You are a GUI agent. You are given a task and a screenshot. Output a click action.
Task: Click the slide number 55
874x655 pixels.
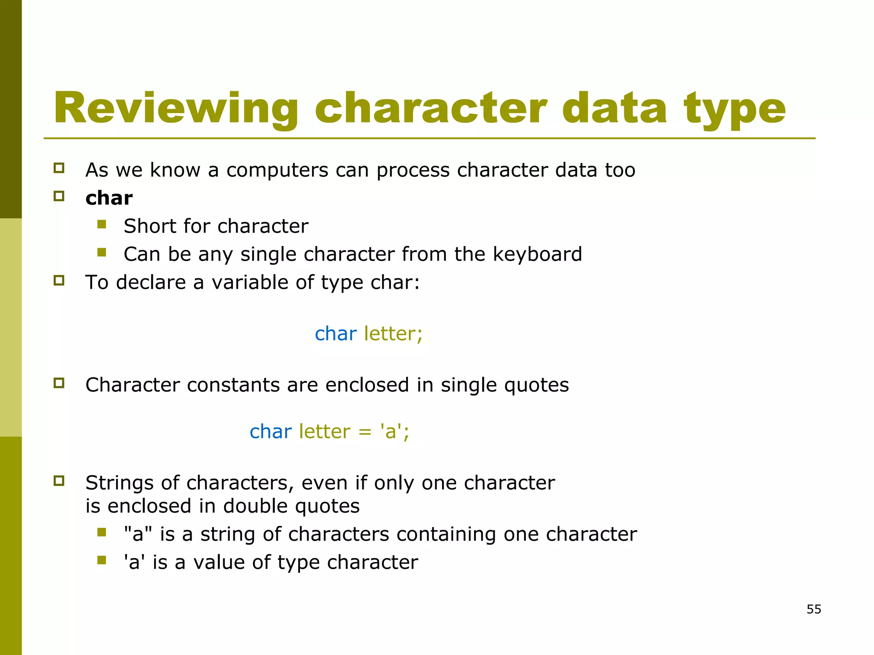(814, 609)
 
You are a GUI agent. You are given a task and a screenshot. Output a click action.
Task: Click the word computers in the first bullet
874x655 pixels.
(277, 171)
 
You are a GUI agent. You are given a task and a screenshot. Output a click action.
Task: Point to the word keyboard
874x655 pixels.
(537, 254)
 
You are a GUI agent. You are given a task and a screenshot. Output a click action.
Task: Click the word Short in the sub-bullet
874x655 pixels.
(149, 226)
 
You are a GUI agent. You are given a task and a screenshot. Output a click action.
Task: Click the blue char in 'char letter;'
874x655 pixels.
(335, 334)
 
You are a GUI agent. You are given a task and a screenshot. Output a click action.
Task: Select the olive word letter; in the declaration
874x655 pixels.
(393, 334)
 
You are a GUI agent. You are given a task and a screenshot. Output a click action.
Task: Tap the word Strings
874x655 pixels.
(119, 484)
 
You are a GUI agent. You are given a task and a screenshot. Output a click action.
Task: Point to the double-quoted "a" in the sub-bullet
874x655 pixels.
(138, 534)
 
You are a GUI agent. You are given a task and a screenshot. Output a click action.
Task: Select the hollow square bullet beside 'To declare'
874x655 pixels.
(59, 281)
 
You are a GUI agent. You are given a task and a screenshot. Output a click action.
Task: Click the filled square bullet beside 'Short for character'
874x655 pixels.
(102, 224)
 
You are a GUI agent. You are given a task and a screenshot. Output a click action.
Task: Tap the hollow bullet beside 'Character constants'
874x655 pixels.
(59, 383)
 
